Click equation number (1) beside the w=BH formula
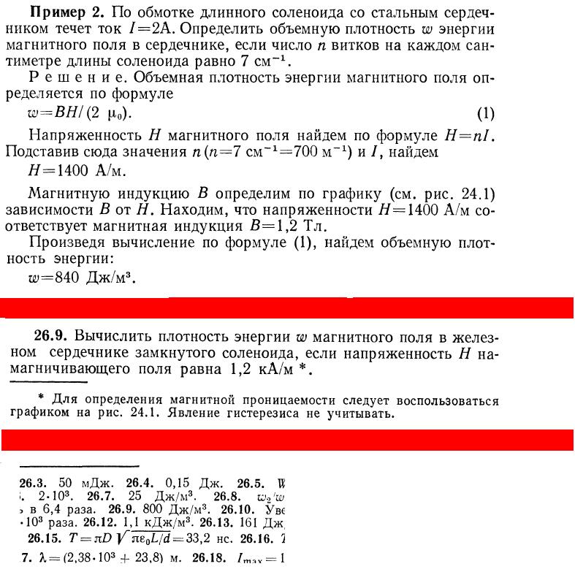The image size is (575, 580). click(485, 114)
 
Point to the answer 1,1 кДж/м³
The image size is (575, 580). click(153, 524)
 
